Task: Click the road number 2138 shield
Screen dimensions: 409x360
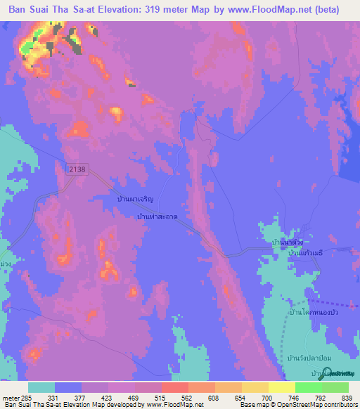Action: point(79,169)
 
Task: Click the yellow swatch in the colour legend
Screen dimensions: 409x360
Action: point(281,387)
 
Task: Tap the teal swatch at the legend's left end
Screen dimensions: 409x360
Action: point(41,387)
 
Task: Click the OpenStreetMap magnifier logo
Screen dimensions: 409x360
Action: point(328,372)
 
